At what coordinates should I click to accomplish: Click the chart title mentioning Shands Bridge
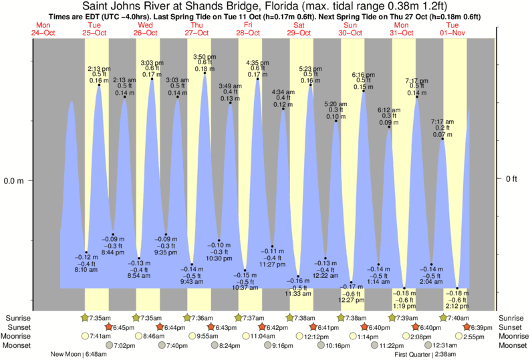pyautogui.click(x=265, y=7)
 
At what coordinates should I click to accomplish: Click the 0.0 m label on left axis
pyautogui.click(x=15, y=180)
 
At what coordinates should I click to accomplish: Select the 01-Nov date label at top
pyautogui.click(x=452, y=31)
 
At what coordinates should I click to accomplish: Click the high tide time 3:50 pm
pyautogui.click(x=205, y=56)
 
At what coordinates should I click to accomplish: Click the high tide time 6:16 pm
pyautogui.click(x=364, y=75)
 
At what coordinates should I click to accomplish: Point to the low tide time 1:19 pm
pyautogui.click(x=404, y=306)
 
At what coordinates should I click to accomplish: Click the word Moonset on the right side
pyautogui.click(x=513, y=345)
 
